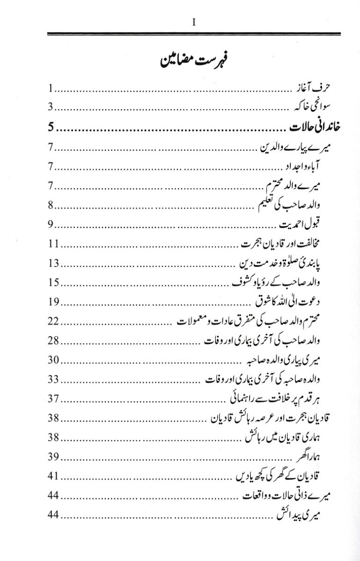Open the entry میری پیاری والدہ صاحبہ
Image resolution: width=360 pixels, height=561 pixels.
coord(280,360)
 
